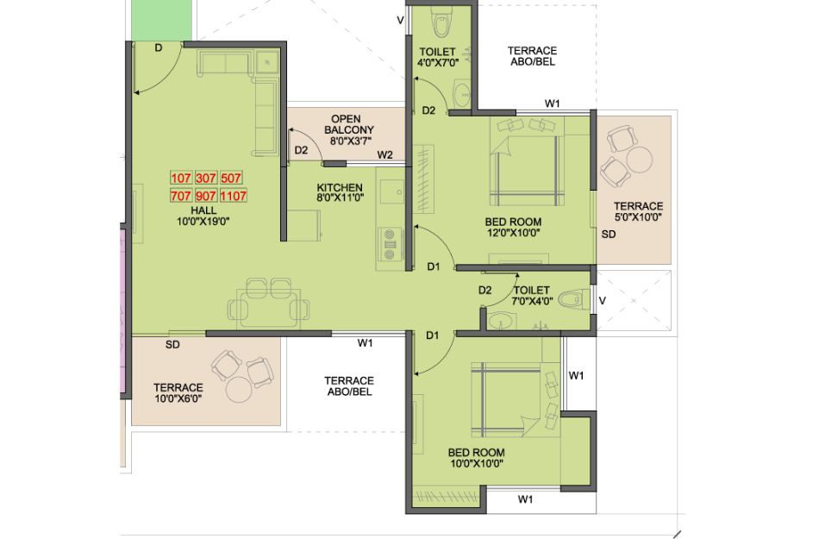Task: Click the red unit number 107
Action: pyautogui.click(x=180, y=178)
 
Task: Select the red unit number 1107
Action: pyautogui.click(x=233, y=196)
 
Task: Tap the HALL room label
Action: pyautogui.click(x=203, y=210)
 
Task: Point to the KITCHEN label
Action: pyautogui.click(x=340, y=187)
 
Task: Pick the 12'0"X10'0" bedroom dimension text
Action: pyautogui.click(x=512, y=233)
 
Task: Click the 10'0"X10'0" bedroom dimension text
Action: pyautogui.click(x=476, y=464)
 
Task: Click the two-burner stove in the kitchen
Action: pyautogui.click(x=390, y=245)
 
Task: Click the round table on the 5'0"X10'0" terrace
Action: pyautogui.click(x=639, y=159)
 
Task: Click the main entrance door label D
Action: pyautogui.click(x=159, y=48)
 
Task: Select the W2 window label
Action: pyautogui.click(x=384, y=154)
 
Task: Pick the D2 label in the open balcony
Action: pyautogui.click(x=301, y=151)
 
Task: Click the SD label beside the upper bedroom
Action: pyautogui.click(x=609, y=235)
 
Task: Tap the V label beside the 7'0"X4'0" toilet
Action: pyautogui.click(x=603, y=301)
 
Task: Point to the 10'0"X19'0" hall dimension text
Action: pyautogui.click(x=203, y=222)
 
